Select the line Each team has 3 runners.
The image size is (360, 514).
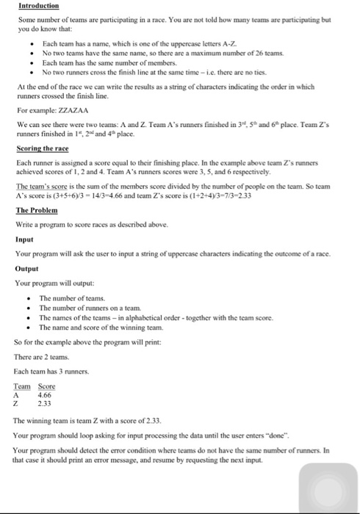(x=46, y=370)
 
